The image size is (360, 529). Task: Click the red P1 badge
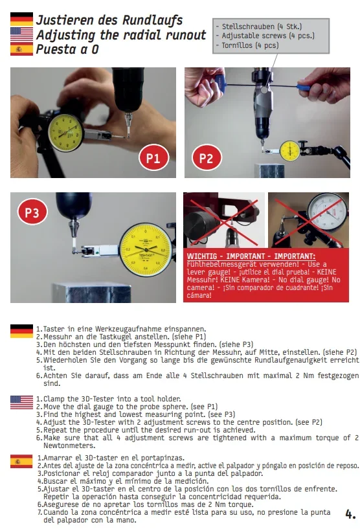[153, 158]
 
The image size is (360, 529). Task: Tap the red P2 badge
[207, 158]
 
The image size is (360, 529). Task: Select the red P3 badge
[32, 212]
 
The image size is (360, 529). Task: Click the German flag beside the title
[21, 19]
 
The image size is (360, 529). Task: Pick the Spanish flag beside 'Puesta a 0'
[21, 49]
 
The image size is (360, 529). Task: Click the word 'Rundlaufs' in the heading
[152, 20]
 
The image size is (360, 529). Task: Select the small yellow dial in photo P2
[290, 151]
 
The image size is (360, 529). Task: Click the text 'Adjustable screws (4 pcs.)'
[268, 36]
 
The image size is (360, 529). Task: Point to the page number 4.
[350, 514]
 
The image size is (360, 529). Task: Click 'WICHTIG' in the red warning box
[202, 256]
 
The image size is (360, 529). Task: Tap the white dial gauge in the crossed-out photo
[328, 212]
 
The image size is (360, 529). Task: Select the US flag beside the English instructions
[21, 403]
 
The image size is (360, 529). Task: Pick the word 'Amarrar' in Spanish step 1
[58, 458]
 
